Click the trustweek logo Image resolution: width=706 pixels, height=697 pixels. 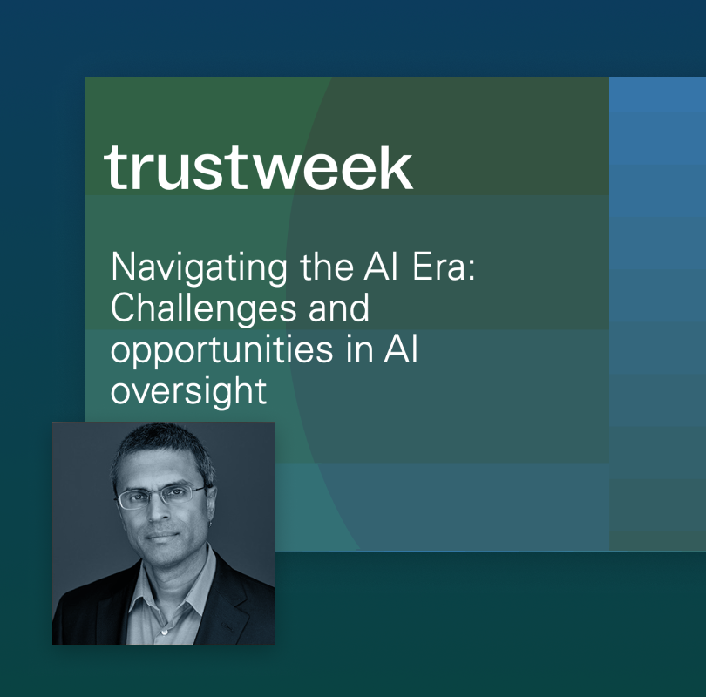pyautogui.click(x=258, y=167)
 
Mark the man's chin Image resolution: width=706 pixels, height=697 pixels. pyautogui.click(x=163, y=562)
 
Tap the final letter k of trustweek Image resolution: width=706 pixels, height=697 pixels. pyautogui.click(x=395, y=167)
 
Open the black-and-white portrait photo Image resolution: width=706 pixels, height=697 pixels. pyautogui.click(x=164, y=533)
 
